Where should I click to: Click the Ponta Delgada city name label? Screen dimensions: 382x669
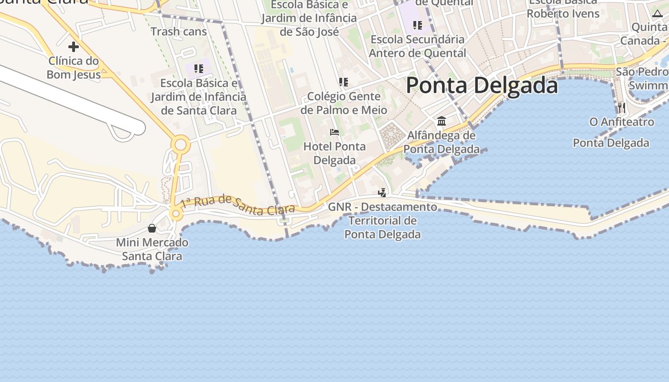pos(482,86)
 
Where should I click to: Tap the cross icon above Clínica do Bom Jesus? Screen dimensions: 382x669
pos(73,47)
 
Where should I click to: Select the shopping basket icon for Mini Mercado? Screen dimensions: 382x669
pos(152,228)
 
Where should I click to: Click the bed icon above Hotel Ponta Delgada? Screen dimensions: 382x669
pos(334,132)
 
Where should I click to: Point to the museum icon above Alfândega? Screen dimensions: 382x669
pos(442,121)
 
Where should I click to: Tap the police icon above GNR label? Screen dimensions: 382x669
pos(382,193)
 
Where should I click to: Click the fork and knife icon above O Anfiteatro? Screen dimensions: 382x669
pos(621,107)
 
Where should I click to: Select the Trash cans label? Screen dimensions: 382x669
pos(179,32)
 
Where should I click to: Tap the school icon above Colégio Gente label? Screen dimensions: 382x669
pos(343,82)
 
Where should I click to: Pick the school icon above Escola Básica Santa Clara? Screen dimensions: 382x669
pos(199,69)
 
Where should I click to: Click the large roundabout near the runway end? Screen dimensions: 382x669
pos(181,144)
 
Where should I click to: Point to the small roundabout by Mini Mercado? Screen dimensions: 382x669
pos(176,214)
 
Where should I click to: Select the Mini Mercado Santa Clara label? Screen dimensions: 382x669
pos(152,249)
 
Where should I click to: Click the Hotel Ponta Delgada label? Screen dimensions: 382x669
pos(334,153)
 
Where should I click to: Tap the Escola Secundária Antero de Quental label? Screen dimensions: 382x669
pos(418,46)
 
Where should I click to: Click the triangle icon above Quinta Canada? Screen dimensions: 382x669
pos(657,13)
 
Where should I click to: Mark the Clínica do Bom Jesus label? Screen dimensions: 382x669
pos(74,67)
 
